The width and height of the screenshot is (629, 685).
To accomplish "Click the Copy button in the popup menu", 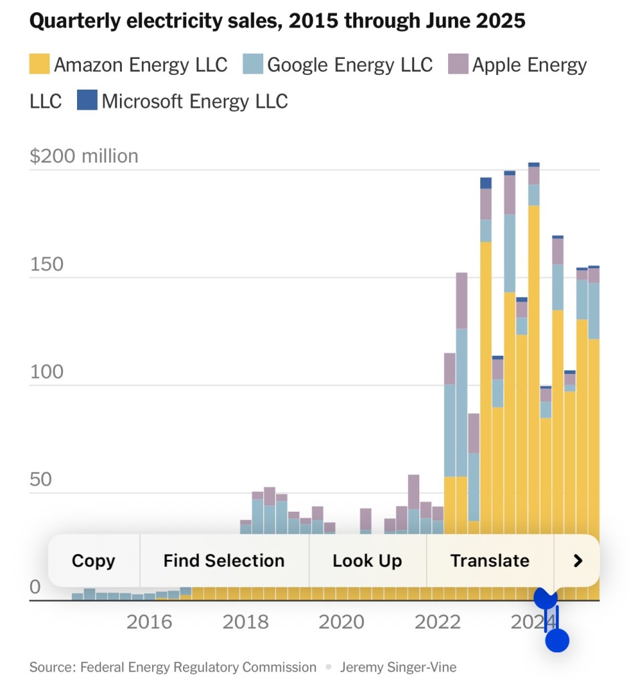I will pos(93,561).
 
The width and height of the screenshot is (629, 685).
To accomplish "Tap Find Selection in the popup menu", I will pos(224,561).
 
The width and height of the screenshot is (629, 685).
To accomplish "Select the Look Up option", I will pos(367,561).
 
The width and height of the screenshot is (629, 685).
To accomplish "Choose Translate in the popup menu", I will pos(490,561).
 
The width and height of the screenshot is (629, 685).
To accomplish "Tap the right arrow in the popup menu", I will pos(578,561).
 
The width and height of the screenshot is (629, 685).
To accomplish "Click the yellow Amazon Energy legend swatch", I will pos(40,65).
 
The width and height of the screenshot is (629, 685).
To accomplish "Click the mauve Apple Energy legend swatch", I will pos(458,65).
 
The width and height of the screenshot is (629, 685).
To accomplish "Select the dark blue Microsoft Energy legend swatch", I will pos(87,101).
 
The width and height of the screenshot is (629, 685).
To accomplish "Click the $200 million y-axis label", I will pos(84,156).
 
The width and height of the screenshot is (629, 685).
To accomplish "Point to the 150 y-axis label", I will pos(47,264).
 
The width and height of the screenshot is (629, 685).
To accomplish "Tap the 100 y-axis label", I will pos(47,372).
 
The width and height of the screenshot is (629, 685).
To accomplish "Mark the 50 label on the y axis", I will pos(41,480).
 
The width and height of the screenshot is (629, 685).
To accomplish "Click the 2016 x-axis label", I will pos(149,622).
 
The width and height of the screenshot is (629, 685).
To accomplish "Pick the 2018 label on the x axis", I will pos(246,622).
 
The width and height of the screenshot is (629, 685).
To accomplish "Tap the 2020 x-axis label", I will pos(342,622).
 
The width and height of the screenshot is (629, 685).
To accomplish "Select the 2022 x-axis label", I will pos(438,622).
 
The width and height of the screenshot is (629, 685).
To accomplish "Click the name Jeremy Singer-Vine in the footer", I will pos(398,667).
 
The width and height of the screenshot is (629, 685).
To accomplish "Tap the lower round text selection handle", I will pos(557,640).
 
